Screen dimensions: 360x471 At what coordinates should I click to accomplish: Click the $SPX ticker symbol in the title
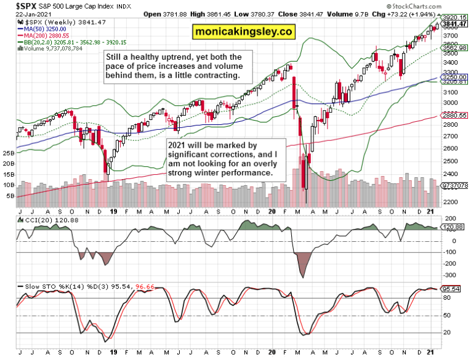[14, 6]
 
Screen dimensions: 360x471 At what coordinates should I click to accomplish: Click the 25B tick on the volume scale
[9, 153]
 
